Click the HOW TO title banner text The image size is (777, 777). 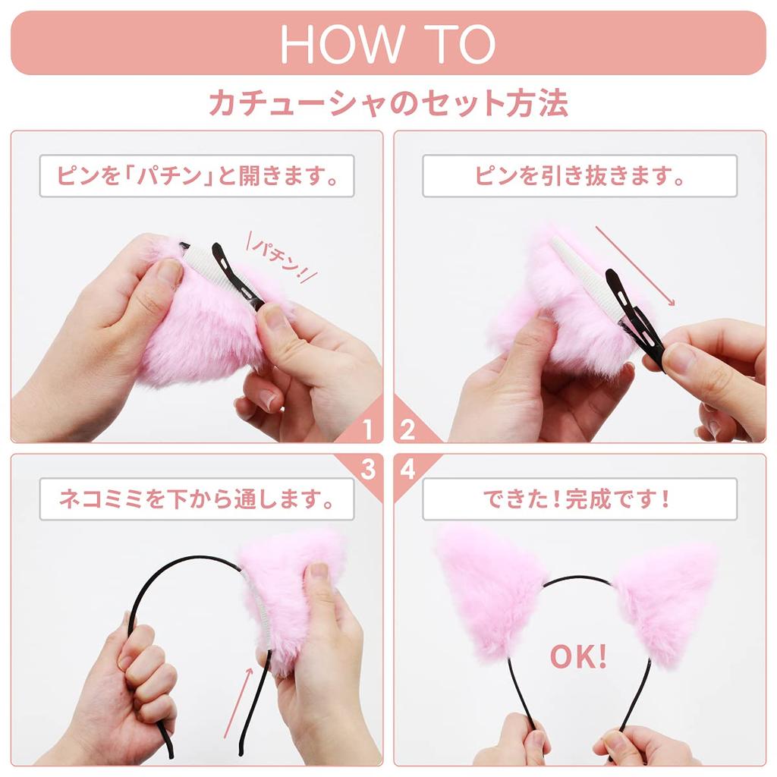click(x=388, y=44)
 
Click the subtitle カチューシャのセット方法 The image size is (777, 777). click(x=388, y=103)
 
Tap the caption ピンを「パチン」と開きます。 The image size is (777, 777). click(x=197, y=176)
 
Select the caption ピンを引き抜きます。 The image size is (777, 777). click(x=580, y=176)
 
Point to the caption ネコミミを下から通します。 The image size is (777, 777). click(x=197, y=500)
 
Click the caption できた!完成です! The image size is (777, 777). click(x=580, y=500)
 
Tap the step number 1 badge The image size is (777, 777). click(x=368, y=430)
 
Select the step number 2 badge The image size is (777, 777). click(x=408, y=430)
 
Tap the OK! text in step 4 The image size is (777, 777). click(x=578, y=658)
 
